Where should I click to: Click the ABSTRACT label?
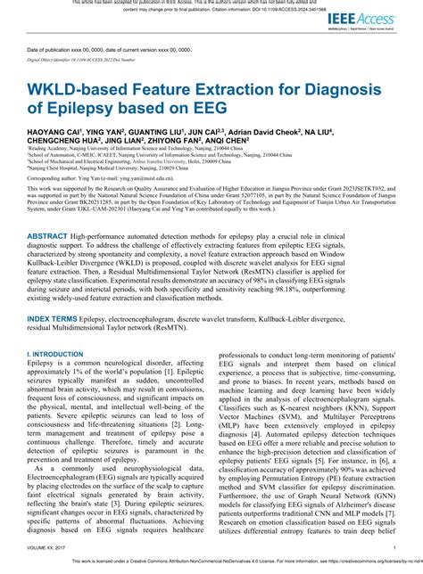tap(48, 237)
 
